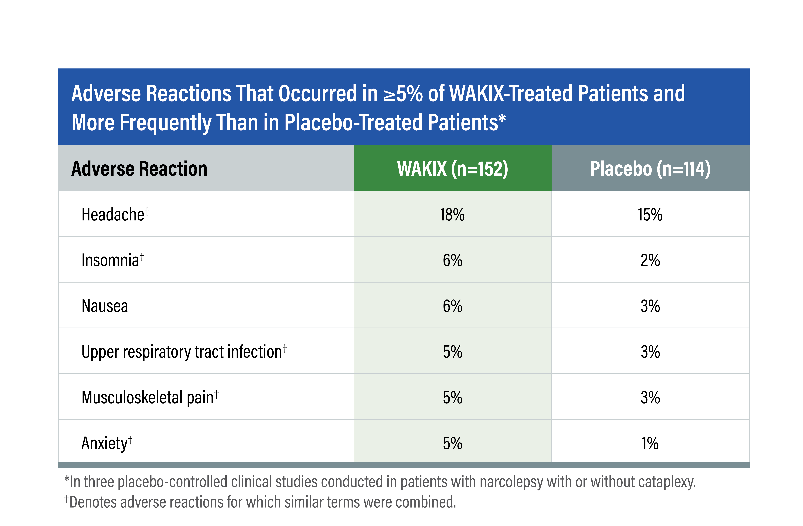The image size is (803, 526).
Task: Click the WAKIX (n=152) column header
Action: pyautogui.click(x=452, y=169)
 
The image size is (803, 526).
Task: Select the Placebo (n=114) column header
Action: pyautogui.click(x=650, y=169)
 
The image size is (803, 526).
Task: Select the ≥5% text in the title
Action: pyautogui.click(x=403, y=94)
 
